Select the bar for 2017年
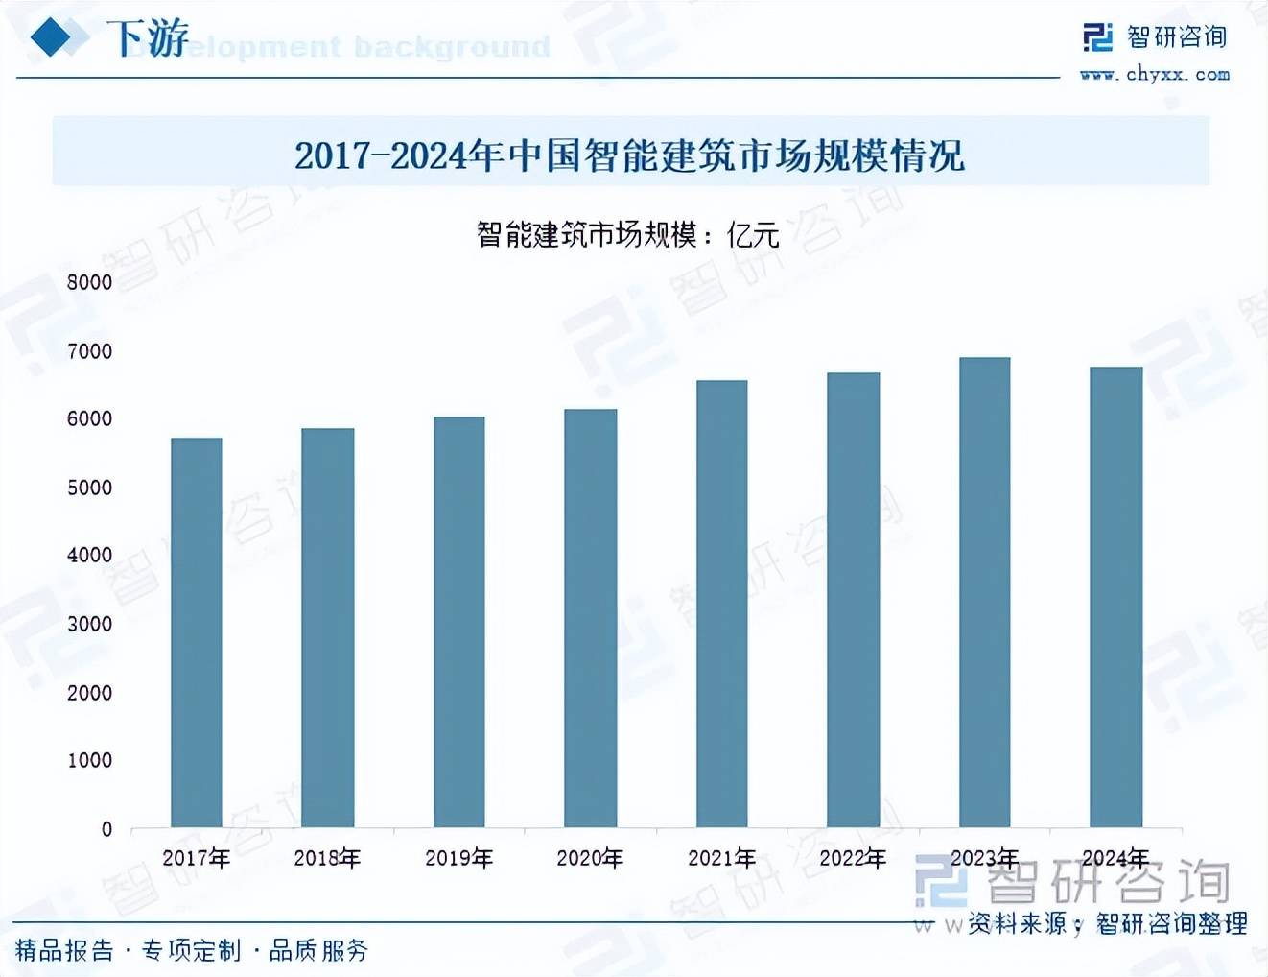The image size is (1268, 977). click(197, 632)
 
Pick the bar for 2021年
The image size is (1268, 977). click(722, 604)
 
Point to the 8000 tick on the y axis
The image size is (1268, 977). click(89, 282)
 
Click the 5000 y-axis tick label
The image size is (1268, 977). click(89, 488)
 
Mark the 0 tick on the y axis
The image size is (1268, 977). click(106, 829)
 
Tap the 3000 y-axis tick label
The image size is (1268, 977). click(89, 624)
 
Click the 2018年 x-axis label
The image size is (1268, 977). click(327, 858)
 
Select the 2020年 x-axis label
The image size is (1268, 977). click(590, 858)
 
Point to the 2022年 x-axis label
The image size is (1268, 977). click(853, 858)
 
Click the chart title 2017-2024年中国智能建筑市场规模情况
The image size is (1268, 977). click(629, 155)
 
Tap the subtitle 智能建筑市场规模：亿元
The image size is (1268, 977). click(628, 234)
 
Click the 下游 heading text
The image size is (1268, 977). click(147, 38)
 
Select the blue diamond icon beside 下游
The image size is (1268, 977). click(53, 37)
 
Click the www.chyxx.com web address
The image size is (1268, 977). click(1155, 74)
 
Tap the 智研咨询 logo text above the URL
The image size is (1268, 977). click(1177, 37)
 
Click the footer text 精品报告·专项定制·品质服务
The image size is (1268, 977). click(192, 950)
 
